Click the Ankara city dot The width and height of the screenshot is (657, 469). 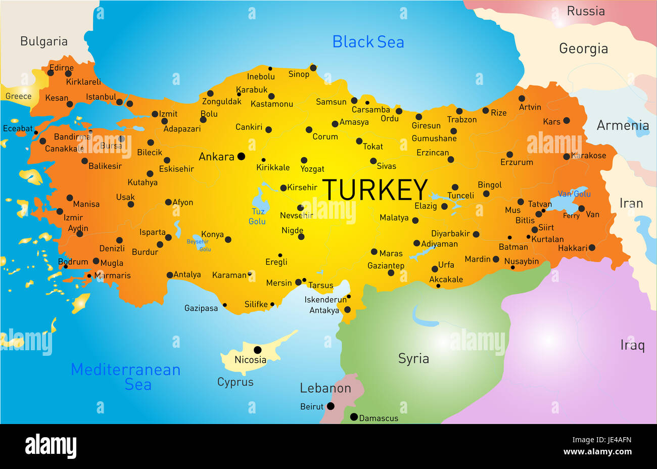tap(241, 156)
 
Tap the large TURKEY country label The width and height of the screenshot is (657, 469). tap(375, 190)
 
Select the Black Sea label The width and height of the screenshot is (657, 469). tap(368, 42)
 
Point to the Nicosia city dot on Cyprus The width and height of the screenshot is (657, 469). tap(257, 350)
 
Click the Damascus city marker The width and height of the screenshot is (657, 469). tap(354, 417)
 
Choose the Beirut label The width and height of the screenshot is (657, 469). tap(311, 406)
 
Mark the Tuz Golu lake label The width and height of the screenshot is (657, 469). tap(257, 216)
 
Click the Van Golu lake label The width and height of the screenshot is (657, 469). tap(574, 194)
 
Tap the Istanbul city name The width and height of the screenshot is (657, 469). tap(101, 97)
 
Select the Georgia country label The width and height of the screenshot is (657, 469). tap(583, 49)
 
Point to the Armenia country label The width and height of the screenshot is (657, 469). tap(623, 125)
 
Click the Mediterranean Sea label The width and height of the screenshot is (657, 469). tap(126, 377)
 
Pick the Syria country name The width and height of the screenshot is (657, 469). tap(413, 358)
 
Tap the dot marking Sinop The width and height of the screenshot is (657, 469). tap(313, 68)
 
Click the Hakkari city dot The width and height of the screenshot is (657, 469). tap(592, 248)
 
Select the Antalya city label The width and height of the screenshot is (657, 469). tap(187, 274)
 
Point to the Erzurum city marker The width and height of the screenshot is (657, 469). tap(509, 155)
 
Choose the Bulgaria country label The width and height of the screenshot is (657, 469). tap(44, 41)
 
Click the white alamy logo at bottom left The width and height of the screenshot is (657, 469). tap(51, 446)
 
